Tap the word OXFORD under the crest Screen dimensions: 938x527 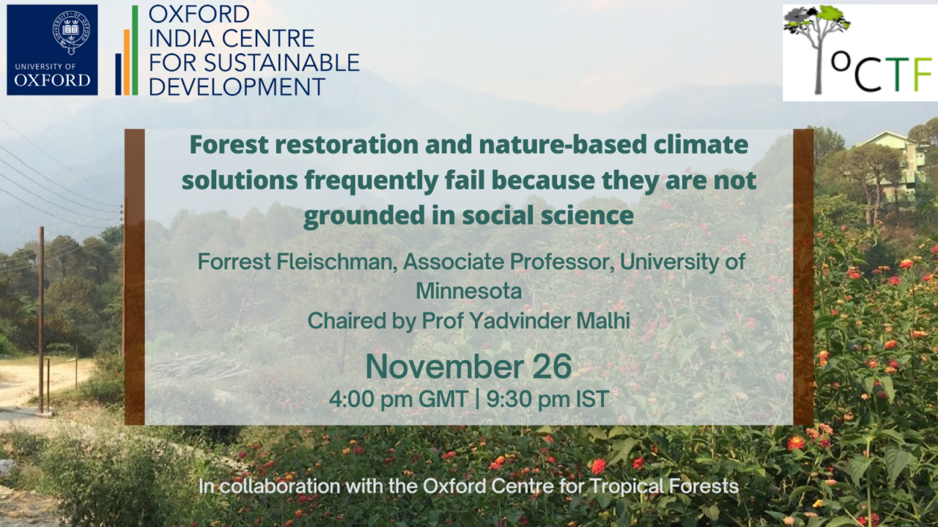coord(52,80)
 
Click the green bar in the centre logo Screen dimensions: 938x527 coord(135,51)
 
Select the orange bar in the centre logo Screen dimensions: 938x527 coord(127,62)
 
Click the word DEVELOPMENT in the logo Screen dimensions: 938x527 coord(237,87)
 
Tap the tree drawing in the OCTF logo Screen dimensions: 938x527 coord(816,47)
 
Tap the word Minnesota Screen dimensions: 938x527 coord(468,291)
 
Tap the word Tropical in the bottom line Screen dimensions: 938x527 coord(625,487)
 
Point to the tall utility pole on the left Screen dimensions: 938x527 coord(41,320)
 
